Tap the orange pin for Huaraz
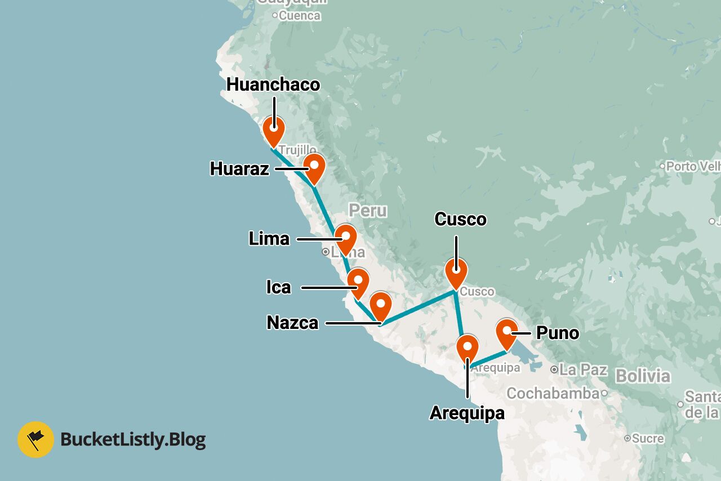pyautogui.click(x=314, y=167)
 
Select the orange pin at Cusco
pyautogui.click(x=456, y=272)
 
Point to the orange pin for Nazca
pyautogui.click(x=381, y=306)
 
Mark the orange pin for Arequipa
pyautogui.click(x=467, y=348)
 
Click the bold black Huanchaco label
pyautogui.click(x=273, y=85)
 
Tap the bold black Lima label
pyautogui.click(x=269, y=239)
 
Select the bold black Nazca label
pyautogui.click(x=292, y=323)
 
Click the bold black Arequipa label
pyautogui.click(x=467, y=413)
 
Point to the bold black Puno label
pyautogui.click(x=557, y=333)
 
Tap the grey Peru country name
pyautogui.click(x=368, y=211)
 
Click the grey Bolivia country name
pyautogui.click(x=643, y=376)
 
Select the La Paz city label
pyautogui.click(x=583, y=370)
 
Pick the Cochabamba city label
pyautogui.click(x=553, y=393)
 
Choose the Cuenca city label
pyautogui.click(x=300, y=16)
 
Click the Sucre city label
pyautogui.click(x=647, y=438)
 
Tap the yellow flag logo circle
pyautogui.click(x=36, y=439)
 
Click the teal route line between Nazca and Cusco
pyautogui.click(x=418, y=308)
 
